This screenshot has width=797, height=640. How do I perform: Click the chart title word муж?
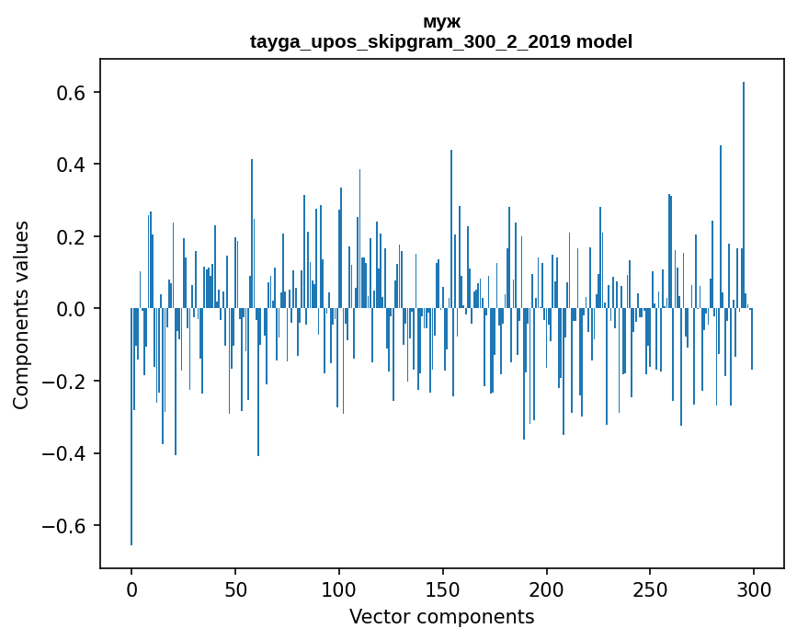(441, 22)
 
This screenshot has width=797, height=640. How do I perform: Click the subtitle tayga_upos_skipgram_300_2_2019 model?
(441, 42)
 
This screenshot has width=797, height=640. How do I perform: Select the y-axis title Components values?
(21, 314)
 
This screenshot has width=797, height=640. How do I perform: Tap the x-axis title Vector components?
(441, 616)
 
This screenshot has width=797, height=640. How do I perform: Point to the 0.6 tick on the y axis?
(72, 93)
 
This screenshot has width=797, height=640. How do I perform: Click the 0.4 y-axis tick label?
(72, 165)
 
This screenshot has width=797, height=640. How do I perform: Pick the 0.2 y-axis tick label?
(72, 237)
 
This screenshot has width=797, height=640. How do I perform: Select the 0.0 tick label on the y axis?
(72, 309)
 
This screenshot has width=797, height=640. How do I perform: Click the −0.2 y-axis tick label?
(65, 382)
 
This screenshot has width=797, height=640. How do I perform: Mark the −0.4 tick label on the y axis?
(65, 453)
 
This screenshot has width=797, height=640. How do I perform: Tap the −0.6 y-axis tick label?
(65, 526)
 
